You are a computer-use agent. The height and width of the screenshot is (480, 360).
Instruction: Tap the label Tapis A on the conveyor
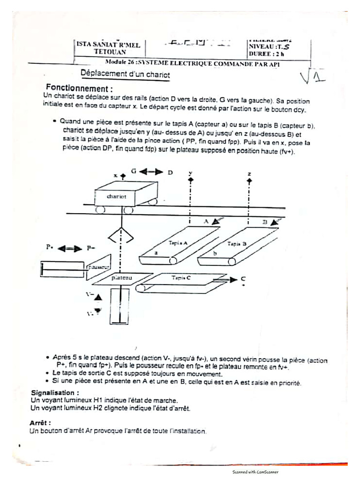[178, 243]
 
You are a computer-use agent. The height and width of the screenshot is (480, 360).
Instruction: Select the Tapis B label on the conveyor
[237, 243]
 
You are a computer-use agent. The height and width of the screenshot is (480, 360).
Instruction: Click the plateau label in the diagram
[122, 277]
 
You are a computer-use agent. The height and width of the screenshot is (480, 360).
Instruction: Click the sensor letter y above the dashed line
[190, 173]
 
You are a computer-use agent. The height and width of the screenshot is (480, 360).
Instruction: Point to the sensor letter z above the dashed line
[249, 173]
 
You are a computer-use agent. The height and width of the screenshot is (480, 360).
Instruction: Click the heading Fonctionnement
[79, 88]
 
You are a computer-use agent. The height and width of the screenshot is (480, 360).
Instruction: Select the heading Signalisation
[55, 392]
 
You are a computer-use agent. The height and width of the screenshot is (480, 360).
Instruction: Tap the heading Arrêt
[40, 423]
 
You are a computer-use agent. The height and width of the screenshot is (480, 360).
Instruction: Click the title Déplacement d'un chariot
[125, 74]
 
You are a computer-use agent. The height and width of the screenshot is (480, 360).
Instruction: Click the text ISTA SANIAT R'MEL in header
[108, 45]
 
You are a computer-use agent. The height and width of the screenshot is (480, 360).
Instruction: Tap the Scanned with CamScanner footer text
[255, 472]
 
